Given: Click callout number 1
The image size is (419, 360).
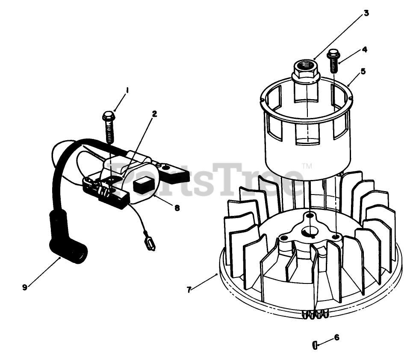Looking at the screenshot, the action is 127,90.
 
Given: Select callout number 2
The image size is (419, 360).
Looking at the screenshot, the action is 154,114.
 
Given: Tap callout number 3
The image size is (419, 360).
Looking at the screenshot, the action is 366,13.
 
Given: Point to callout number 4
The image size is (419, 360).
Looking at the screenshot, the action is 364,49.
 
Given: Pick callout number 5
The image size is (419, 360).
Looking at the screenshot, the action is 363,71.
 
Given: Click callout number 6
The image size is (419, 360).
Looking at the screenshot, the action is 336,337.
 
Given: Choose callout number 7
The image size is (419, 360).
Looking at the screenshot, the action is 189,289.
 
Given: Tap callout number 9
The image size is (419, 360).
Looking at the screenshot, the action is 25,287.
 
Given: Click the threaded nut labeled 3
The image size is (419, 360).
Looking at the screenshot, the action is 305,70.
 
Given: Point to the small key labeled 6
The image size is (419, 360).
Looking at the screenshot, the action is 315,344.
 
